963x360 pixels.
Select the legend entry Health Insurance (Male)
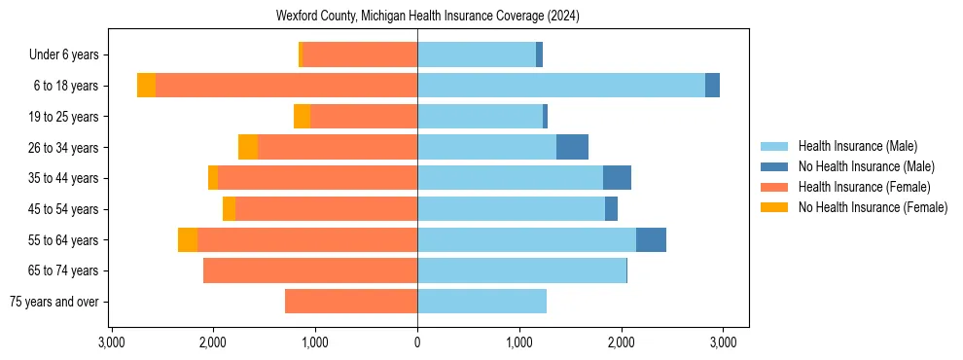coord(857,146)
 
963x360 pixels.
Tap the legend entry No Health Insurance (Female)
coord(873,207)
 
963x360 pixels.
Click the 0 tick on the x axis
coord(417,342)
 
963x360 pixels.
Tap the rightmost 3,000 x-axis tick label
coord(723,342)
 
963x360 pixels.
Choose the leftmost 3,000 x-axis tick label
coord(112,342)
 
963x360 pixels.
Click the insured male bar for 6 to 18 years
coord(561,86)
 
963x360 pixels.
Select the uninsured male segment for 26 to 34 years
coord(572,147)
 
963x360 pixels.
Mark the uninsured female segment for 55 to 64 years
coord(188,239)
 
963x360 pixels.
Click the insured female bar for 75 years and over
coord(351,302)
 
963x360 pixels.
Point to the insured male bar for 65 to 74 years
coord(521,270)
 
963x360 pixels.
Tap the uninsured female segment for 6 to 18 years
coord(146,86)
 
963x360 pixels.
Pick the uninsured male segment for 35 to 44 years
coord(617,178)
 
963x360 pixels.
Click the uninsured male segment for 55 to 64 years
coord(651,239)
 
